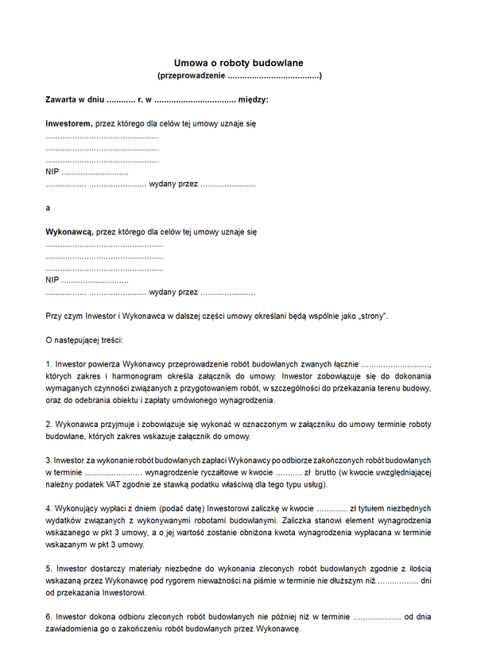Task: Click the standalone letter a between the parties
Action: [x=48, y=208]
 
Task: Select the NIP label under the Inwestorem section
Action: [x=52, y=172]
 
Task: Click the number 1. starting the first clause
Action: [x=49, y=364]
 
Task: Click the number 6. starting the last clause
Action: [x=49, y=617]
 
